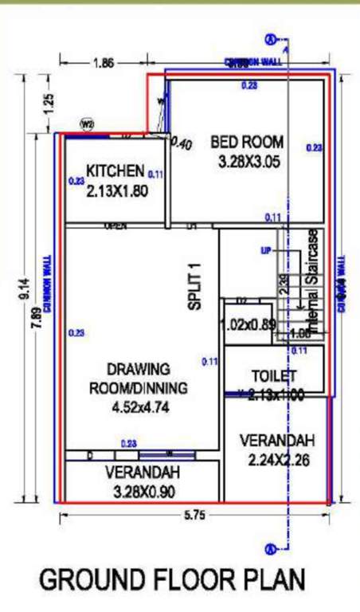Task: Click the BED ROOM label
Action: coord(246,143)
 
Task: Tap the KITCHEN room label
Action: coord(115,171)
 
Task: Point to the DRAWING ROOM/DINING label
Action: coord(139,379)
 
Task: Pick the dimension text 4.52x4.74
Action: coord(139,407)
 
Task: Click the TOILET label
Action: coord(274,375)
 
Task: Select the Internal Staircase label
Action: coord(312,282)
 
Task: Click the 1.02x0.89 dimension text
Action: coord(247,325)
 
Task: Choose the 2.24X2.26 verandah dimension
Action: coord(276,460)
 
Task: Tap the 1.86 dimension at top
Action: coord(103,63)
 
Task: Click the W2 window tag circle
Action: coord(87,124)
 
